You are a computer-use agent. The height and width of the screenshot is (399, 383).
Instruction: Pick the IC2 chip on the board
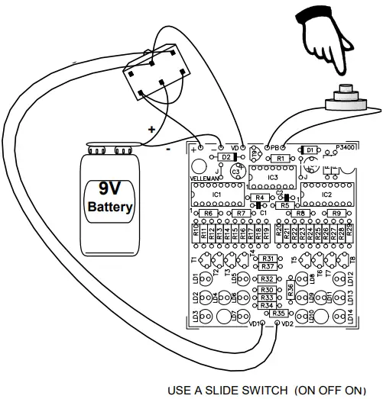click(326, 195)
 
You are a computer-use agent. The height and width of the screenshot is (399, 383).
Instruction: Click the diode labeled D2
click(226, 156)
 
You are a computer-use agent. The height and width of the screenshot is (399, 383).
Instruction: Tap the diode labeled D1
click(310, 150)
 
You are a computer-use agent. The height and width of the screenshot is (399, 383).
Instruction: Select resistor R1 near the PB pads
click(281, 159)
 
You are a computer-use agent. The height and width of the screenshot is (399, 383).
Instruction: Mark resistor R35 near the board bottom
click(279, 314)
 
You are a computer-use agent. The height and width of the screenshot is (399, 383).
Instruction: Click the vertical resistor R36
click(290, 289)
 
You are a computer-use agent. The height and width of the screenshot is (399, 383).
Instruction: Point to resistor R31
click(268, 260)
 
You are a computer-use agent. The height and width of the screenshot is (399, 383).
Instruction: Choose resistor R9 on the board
click(336, 214)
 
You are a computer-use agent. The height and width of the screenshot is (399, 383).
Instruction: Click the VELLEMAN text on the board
click(205, 181)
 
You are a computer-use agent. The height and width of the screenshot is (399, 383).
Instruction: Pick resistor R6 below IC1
click(208, 214)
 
